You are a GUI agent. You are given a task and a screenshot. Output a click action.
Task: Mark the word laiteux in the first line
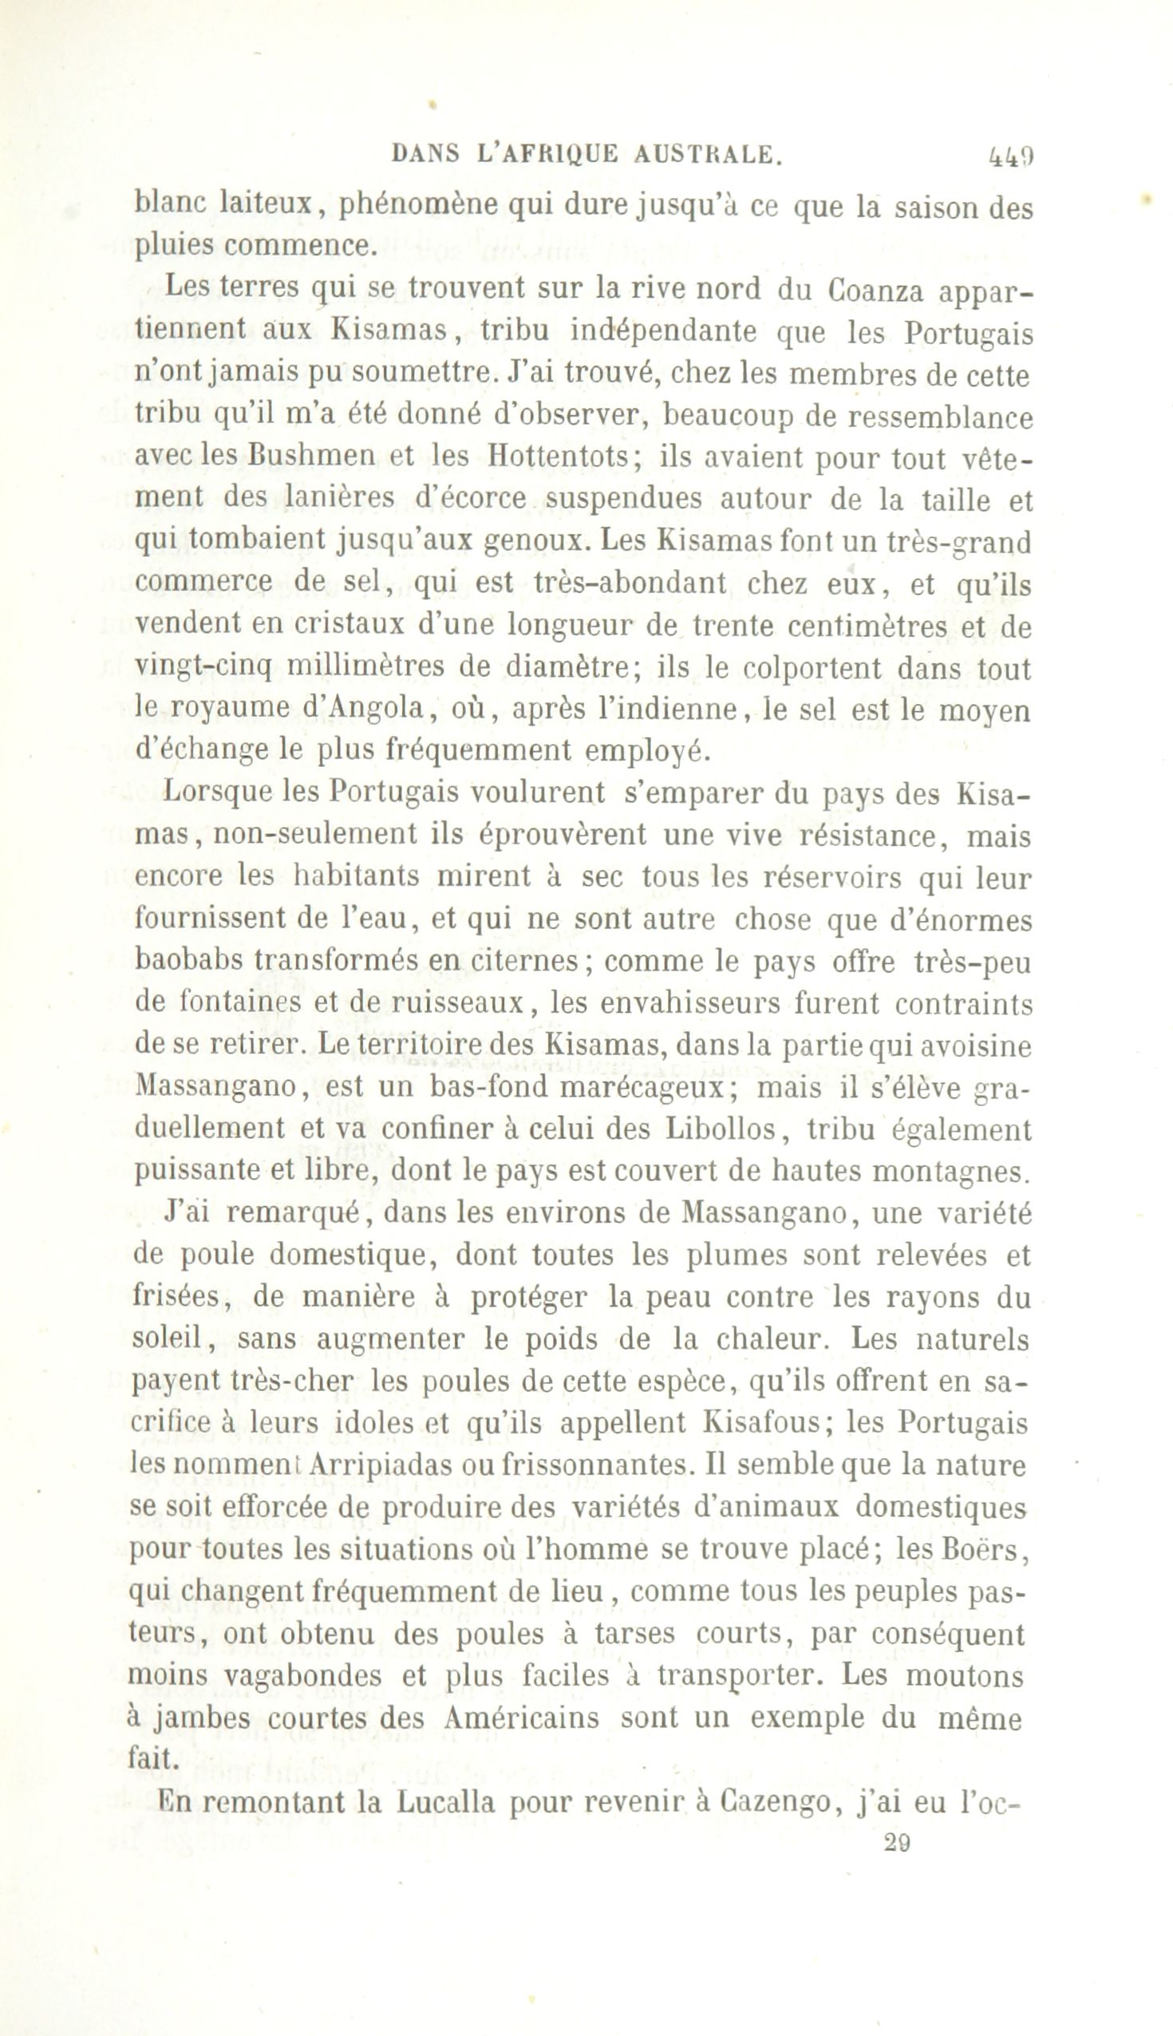coord(267,208)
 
